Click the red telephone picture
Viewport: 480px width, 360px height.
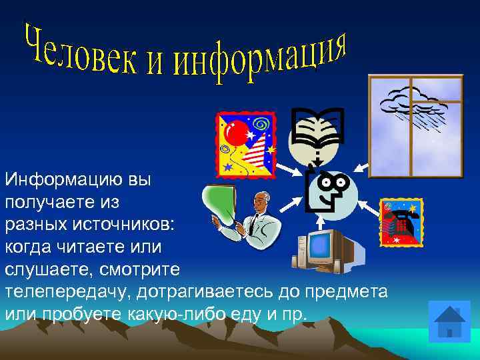click(401, 222)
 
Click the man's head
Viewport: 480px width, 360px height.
click(261, 200)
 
